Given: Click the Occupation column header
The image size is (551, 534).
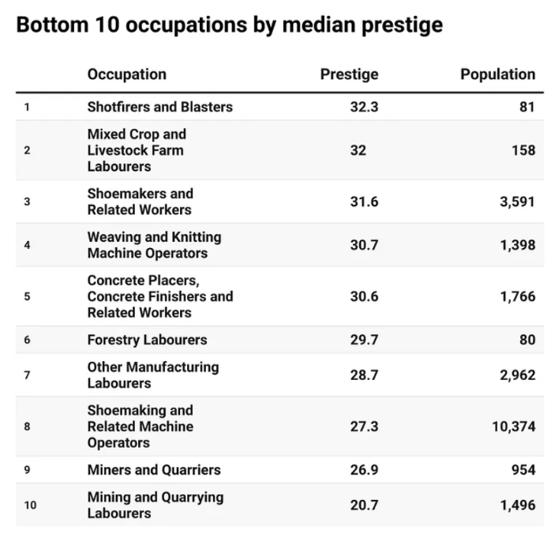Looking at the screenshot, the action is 127,75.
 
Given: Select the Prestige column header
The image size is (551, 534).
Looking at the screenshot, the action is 349,75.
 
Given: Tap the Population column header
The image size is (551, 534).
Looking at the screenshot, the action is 498,75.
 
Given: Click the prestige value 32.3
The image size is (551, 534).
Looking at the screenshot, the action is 364,107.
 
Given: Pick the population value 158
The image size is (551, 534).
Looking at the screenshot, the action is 523,150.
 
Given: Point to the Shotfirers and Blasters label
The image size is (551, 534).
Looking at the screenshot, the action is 160,107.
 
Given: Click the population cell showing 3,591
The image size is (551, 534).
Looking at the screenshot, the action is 518,201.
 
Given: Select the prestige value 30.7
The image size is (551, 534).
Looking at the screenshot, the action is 364,245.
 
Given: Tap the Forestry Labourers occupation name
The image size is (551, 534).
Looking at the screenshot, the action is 148,340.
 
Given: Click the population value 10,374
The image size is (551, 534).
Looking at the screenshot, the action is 514,427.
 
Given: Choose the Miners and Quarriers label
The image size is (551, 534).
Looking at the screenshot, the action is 154,470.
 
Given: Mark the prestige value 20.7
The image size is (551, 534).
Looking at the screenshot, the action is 364,506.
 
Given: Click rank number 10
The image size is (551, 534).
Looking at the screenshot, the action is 30,506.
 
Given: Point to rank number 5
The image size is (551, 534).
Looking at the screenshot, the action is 27,296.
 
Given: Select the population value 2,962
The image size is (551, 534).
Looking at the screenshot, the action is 518,375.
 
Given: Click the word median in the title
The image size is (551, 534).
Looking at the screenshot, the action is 319,25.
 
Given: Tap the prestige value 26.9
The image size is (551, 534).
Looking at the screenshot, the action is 364,470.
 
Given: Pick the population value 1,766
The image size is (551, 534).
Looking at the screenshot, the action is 518,297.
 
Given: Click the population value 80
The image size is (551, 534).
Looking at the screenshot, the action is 527,340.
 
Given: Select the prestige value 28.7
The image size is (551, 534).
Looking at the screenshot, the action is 364,375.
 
